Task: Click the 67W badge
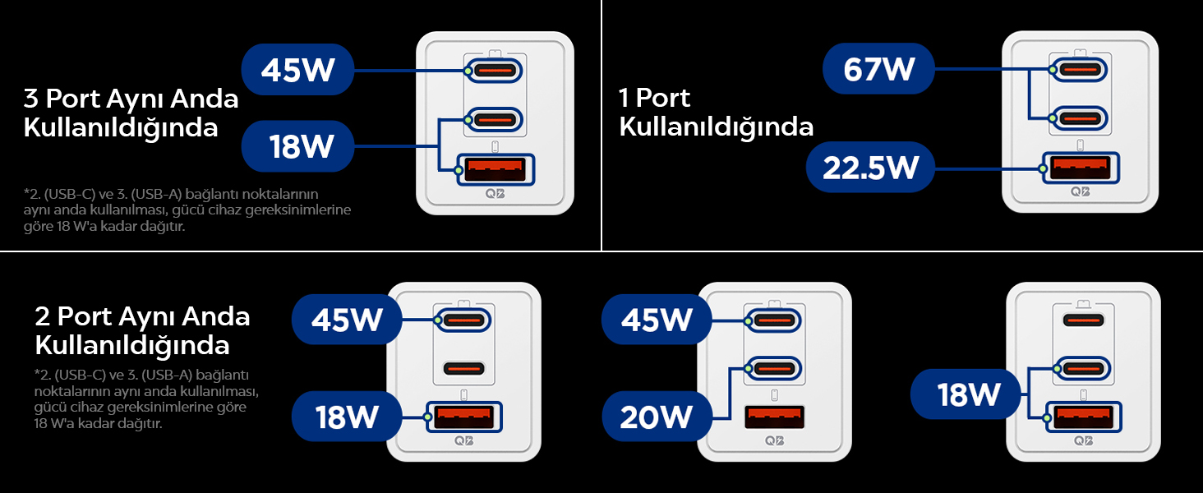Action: (878, 70)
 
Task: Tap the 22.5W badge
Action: (870, 168)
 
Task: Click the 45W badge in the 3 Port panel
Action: (298, 70)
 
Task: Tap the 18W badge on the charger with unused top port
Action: (967, 395)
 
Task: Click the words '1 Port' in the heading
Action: (654, 99)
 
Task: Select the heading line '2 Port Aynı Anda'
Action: (142, 316)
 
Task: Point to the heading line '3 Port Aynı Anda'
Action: (131, 99)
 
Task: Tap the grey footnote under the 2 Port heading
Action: (146, 399)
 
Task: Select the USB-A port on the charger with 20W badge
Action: (773, 417)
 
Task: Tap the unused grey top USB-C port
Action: (1083, 320)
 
